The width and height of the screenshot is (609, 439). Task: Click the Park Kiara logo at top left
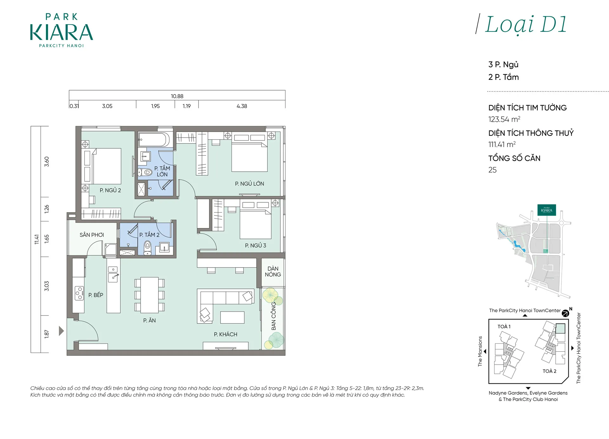62,30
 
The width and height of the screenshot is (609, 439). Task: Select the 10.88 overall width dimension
177,96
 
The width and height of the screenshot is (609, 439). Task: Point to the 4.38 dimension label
242,106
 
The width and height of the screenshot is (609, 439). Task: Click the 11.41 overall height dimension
36,239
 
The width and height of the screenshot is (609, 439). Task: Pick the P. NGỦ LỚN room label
249,184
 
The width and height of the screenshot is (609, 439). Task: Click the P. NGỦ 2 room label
110,190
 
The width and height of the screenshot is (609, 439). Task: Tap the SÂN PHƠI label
92,235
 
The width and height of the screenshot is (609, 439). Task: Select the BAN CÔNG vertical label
273,316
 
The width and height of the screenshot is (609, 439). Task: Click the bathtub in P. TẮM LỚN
154,139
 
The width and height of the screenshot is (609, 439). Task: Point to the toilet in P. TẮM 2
147,248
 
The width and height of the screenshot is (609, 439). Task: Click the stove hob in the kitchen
79,293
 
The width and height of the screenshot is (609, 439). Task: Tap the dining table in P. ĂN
149,295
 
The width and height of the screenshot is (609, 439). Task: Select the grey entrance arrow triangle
62,331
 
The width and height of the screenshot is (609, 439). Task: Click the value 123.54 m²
504,119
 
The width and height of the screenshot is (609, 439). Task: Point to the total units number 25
492,170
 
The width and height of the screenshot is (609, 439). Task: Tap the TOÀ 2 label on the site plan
549,371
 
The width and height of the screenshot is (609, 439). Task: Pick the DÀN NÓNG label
273,272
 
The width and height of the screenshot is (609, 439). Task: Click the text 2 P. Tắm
503,77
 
